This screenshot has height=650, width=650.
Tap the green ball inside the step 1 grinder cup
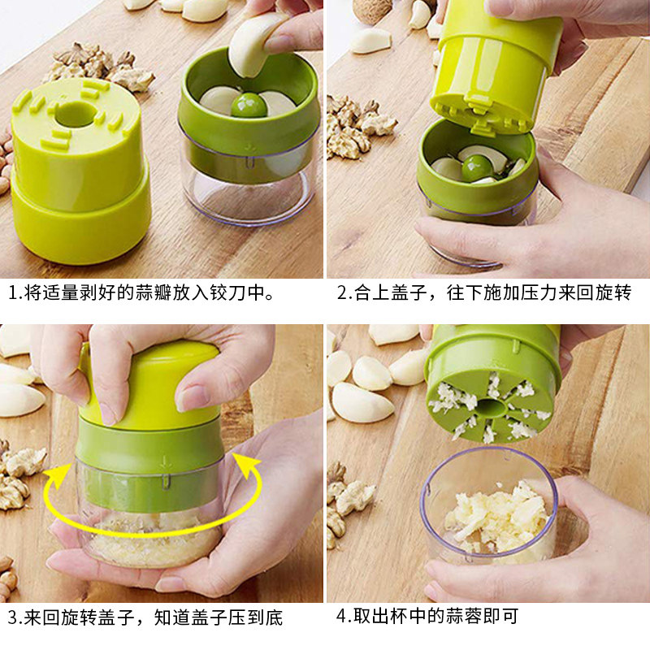[x=249, y=105]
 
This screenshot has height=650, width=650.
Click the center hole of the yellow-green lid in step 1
[x=76, y=114]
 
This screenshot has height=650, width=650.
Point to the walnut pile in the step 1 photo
[x=98, y=67]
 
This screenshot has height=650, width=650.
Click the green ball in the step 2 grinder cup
[x=477, y=168]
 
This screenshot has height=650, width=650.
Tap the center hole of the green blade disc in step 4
[x=492, y=408]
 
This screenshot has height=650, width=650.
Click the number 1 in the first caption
[x=13, y=292]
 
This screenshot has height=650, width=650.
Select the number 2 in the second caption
[x=342, y=292]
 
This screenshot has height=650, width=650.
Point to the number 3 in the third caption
[x=13, y=617]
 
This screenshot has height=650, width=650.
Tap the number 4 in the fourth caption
[x=341, y=616]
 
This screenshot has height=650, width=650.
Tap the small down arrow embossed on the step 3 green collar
[x=165, y=461]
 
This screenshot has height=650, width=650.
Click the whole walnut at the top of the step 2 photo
[x=372, y=11]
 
